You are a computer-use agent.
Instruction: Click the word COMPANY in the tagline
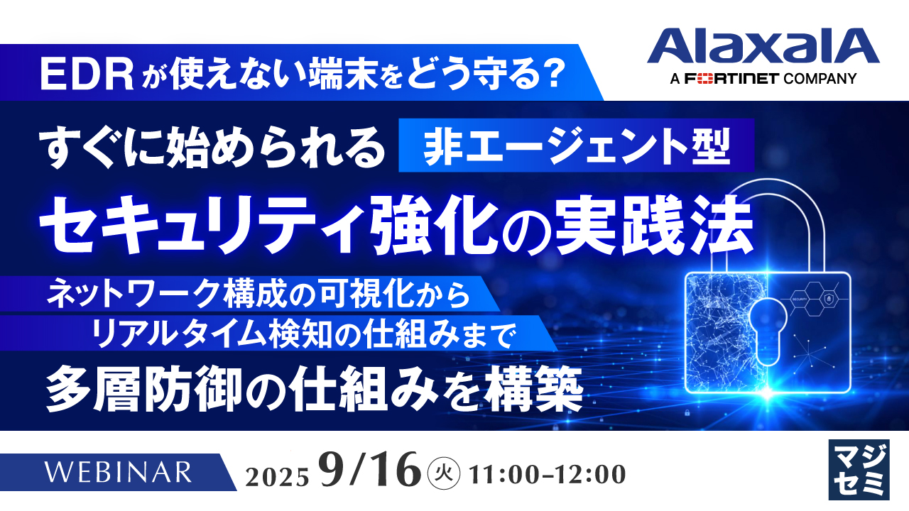(820, 79)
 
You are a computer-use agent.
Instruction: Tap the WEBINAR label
(118, 471)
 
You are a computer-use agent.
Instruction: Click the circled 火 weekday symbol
(446, 471)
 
